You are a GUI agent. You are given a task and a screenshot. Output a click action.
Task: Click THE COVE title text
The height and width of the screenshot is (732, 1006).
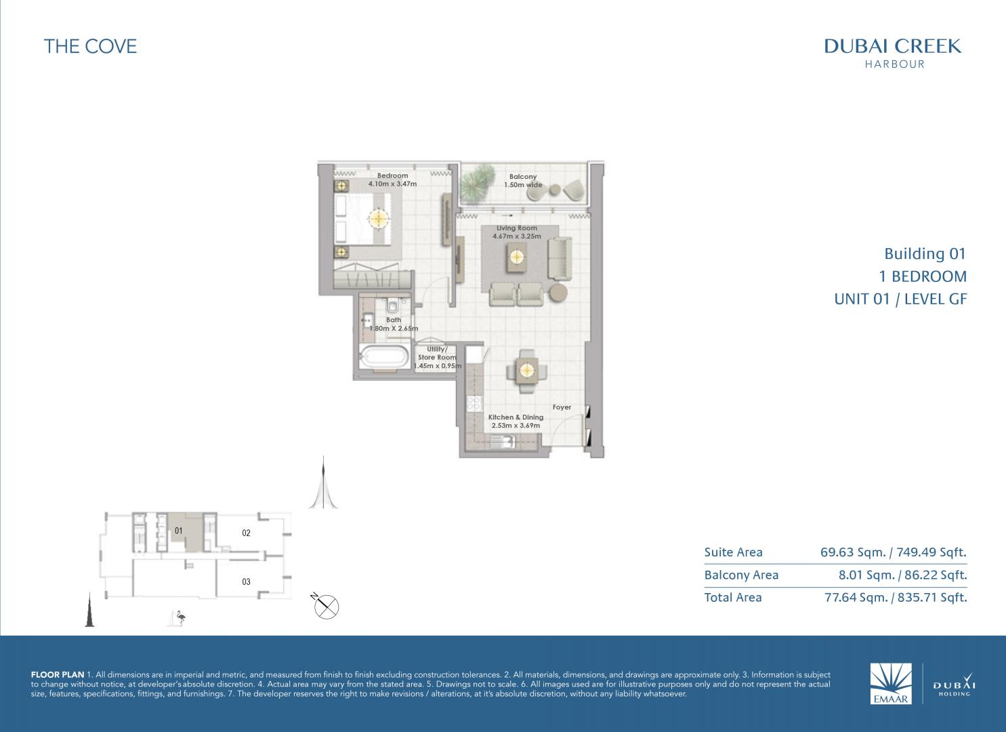pos(90,46)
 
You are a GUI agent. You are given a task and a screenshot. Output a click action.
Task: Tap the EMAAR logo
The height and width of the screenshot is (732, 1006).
pos(891,683)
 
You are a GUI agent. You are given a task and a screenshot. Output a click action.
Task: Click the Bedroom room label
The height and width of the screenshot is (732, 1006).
pos(392,176)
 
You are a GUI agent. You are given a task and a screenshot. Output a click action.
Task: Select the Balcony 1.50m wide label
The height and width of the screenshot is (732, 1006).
pos(523,181)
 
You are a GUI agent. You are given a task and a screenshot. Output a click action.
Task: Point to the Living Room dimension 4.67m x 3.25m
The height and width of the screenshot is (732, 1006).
pos(516,237)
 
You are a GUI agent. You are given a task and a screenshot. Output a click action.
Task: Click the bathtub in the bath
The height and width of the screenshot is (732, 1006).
pos(384,357)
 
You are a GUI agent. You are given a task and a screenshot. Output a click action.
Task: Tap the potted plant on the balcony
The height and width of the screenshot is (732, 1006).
pos(478,183)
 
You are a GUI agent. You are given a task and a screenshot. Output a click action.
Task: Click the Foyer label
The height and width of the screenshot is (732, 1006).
pos(562,407)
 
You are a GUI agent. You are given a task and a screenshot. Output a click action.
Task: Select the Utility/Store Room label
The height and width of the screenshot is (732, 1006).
pos(437,353)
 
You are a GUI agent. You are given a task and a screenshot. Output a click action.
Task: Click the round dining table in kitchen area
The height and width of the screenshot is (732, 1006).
pos(526,371)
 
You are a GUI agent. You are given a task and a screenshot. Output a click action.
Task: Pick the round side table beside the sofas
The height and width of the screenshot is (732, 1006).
pos(558,293)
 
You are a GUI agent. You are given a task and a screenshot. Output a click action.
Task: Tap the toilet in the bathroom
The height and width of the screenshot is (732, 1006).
pos(392,306)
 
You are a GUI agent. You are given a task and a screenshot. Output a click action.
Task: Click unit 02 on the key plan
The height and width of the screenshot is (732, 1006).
pos(246,533)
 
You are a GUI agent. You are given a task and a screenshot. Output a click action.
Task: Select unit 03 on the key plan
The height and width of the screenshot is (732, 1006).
pos(246,582)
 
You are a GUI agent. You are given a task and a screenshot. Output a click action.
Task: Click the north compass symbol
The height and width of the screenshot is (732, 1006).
pos(326,606)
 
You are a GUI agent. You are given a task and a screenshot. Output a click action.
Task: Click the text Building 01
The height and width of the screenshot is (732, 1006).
pos(925,254)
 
